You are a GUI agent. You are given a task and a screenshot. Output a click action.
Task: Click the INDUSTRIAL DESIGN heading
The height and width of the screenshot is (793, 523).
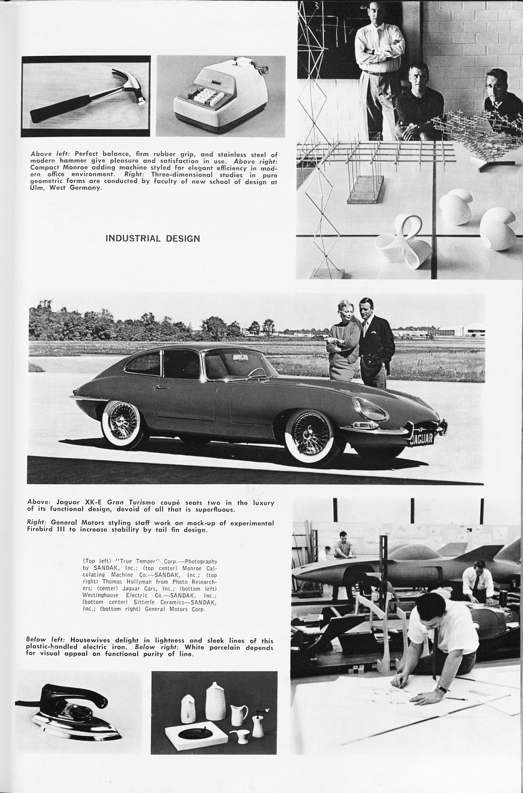pyautogui.click(x=152, y=238)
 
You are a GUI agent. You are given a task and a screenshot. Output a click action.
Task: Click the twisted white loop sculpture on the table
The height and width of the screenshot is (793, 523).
pyautogui.click(x=402, y=242)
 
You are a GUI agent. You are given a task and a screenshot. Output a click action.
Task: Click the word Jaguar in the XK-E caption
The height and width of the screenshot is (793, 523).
pyautogui.click(x=68, y=502)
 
